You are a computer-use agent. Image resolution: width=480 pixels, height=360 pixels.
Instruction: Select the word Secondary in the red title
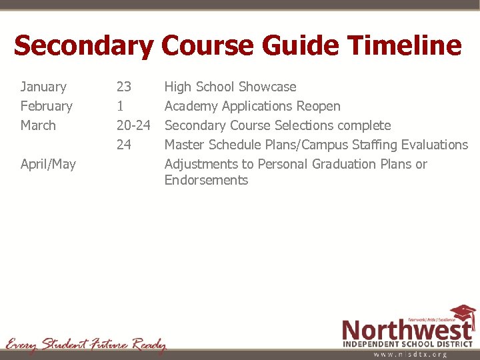[x=83, y=46]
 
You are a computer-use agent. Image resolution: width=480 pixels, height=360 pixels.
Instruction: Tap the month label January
[x=43, y=87]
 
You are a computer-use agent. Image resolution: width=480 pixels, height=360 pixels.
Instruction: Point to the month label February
[x=46, y=106]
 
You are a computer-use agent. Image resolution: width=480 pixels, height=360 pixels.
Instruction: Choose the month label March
[x=38, y=125]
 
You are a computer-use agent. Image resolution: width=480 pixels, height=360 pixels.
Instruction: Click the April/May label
[x=48, y=164]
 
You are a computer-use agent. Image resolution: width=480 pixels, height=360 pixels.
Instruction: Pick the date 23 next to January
[x=124, y=87]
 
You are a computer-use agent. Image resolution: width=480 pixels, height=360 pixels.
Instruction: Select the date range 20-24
[x=133, y=125]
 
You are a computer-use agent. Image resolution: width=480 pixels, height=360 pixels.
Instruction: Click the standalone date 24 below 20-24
[x=124, y=145]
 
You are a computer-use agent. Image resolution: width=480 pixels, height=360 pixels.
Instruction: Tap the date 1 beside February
[x=120, y=106]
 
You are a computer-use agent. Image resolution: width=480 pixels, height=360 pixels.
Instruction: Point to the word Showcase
[x=267, y=87]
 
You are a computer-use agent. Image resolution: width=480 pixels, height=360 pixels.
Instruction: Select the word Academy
[x=191, y=106]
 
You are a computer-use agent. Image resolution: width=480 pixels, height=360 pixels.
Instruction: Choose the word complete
[x=364, y=125]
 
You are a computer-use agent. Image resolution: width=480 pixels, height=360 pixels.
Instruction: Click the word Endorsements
[x=206, y=180]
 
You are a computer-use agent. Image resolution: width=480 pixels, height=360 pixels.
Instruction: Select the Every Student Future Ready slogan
[x=85, y=345]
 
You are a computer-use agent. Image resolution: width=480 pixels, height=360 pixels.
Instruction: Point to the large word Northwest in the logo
[x=407, y=330]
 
